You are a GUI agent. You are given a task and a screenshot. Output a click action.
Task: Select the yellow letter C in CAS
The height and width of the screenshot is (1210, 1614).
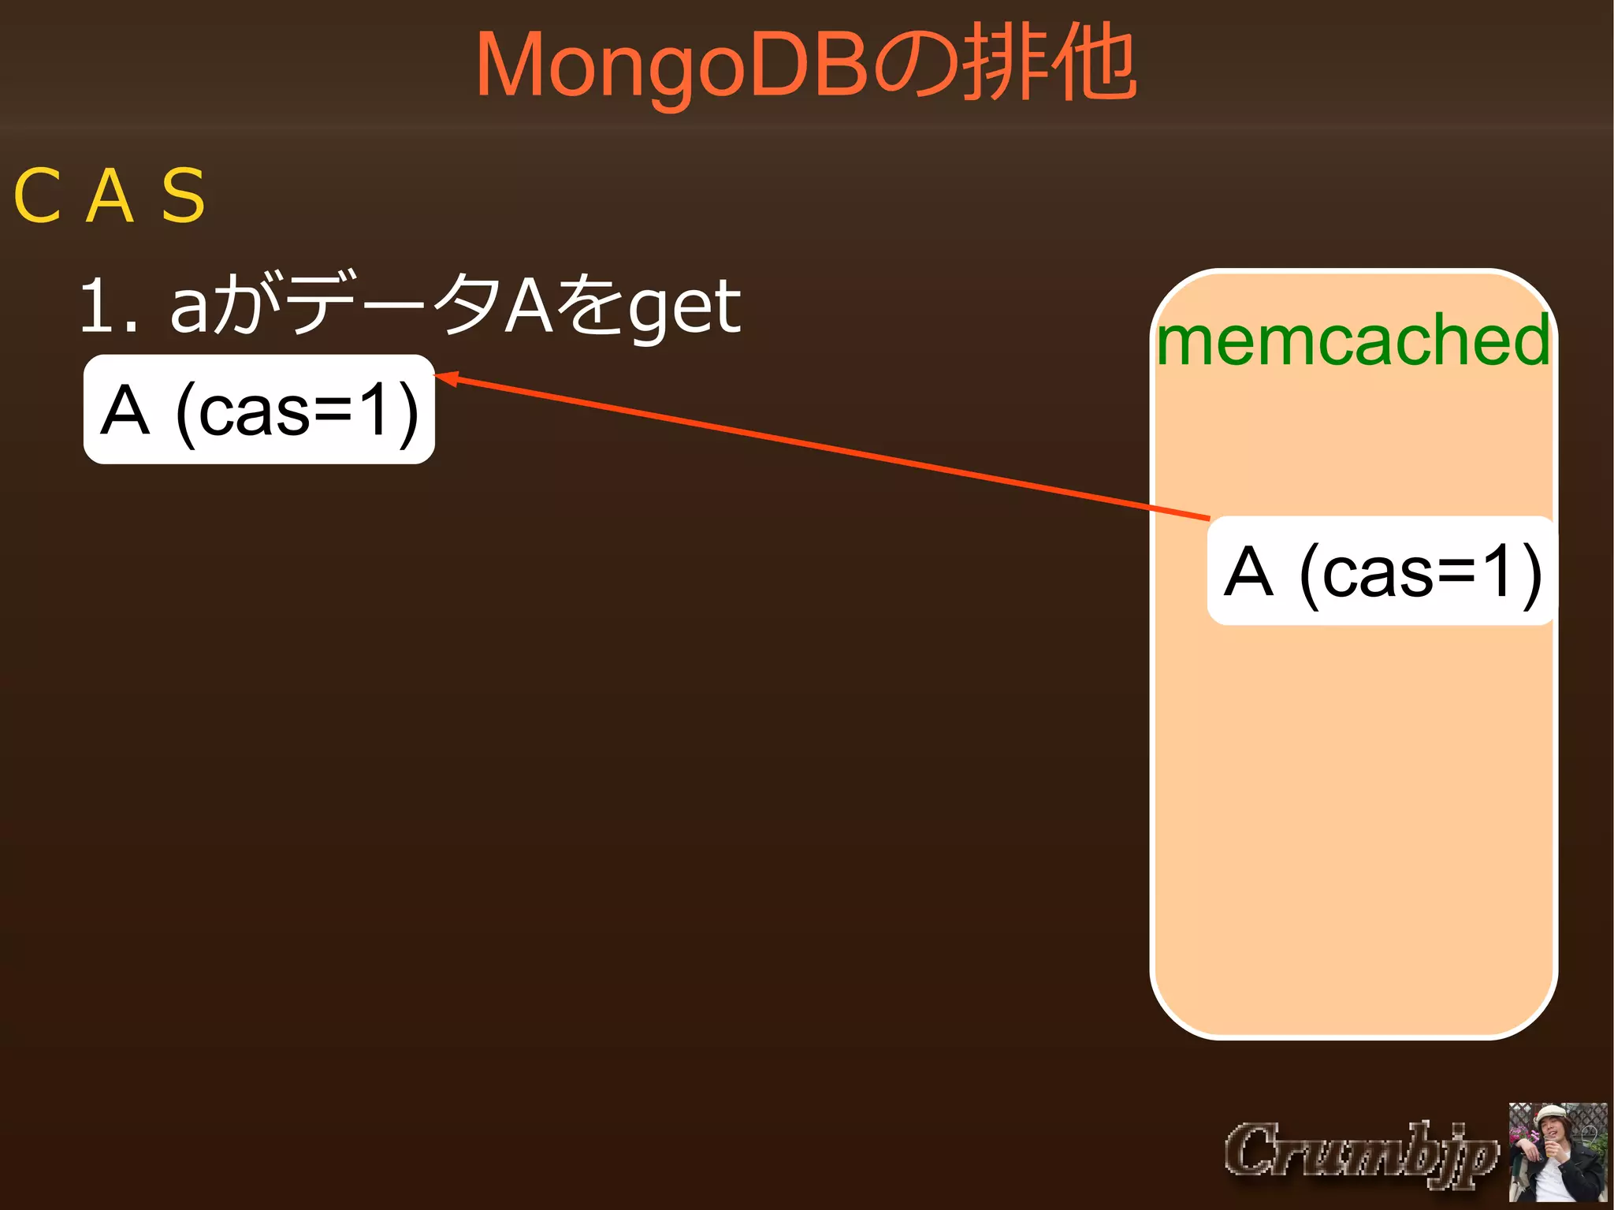[x=37, y=196]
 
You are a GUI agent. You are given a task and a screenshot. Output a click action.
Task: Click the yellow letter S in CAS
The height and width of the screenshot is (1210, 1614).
[x=183, y=196]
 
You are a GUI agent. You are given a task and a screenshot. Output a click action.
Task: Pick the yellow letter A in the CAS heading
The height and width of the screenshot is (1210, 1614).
[x=110, y=196]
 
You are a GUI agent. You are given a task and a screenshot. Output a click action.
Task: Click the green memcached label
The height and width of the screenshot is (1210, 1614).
[x=1353, y=340]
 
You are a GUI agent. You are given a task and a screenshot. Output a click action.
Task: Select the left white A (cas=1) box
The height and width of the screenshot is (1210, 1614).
[x=259, y=409]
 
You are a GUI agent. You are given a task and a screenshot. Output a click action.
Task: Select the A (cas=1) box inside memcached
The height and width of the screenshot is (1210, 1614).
[x=1381, y=571]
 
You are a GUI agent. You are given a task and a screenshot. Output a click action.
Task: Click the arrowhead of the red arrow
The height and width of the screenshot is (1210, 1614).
[x=444, y=378]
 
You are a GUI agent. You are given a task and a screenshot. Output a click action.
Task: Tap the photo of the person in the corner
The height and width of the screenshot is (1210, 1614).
[x=1557, y=1152]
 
